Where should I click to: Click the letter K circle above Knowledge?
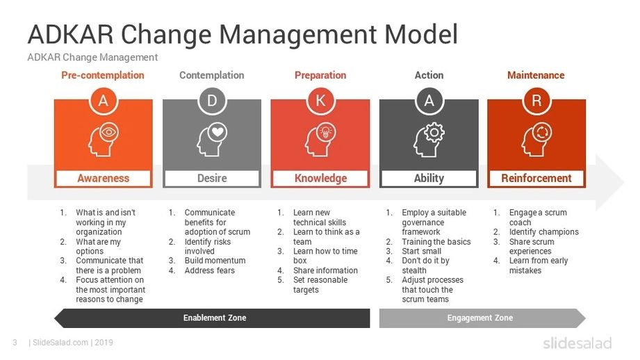pos(320,100)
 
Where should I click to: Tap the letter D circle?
pos(212,100)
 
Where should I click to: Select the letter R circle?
pos(536,100)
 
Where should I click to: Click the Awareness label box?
pos(104,179)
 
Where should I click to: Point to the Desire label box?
pos(212,179)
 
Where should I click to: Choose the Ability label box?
pos(429,179)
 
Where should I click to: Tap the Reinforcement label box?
pos(536,179)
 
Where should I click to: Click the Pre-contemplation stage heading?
pos(103,75)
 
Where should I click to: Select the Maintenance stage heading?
pos(536,75)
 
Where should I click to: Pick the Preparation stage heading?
pos(320,75)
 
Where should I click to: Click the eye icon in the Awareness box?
pos(109,132)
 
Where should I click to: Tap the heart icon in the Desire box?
pos(218,132)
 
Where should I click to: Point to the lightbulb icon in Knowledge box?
pos(326,132)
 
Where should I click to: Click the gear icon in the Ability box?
pos(434,132)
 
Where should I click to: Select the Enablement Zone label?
pos(215,318)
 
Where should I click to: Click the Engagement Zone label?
pos(480,318)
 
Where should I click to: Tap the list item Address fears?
pos(210,270)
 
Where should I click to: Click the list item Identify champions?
pos(544,232)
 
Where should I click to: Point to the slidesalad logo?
pos(577,343)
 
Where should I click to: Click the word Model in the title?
pos(421,34)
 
